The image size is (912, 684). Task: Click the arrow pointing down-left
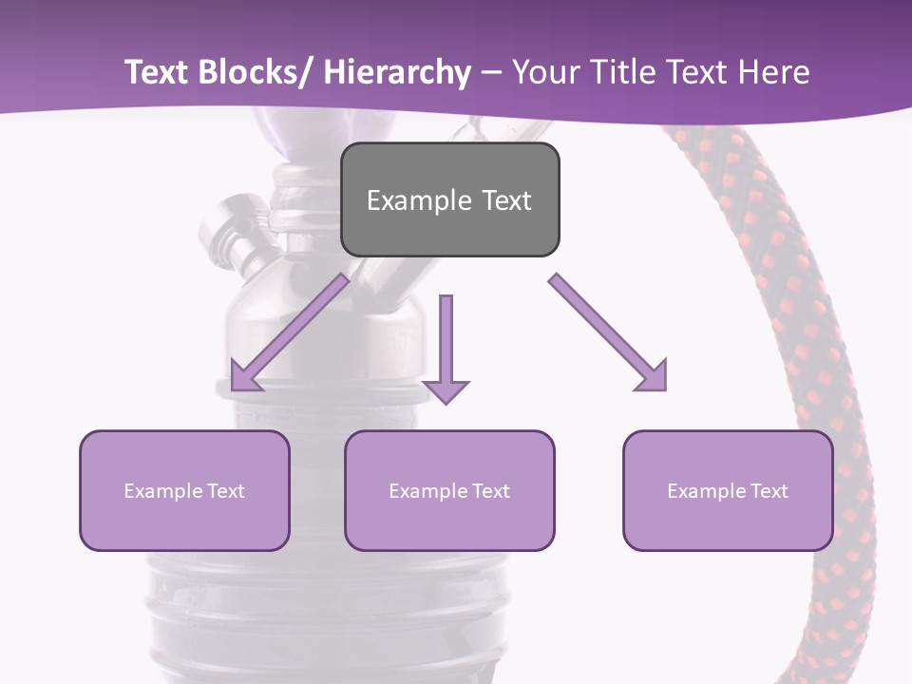tap(290, 332)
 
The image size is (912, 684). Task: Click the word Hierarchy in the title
tap(397, 72)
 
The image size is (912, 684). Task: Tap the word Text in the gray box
tap(506, 200)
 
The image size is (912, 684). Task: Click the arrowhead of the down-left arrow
tap(242, 377)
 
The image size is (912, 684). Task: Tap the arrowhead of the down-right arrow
tap(654, 377)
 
